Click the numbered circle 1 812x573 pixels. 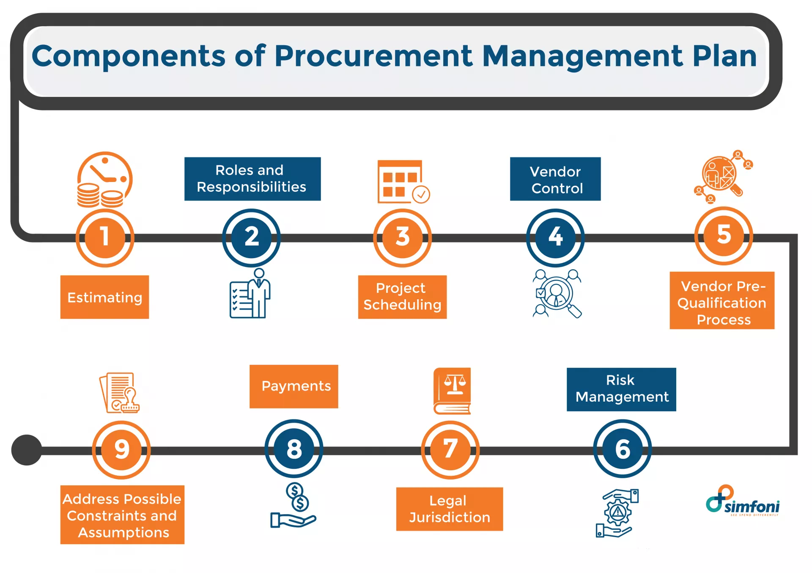coord(105,237)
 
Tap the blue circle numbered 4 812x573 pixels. coord(555,237)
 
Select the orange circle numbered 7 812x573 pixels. coord(450,449)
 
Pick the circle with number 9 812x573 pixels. coord(122,449)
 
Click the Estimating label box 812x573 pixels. coord(104,297)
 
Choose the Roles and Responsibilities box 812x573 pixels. coord(252,179)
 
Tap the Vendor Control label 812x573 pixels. coord(555,179)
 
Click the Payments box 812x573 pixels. coord(294,386)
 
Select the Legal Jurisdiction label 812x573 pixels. coord(450,509)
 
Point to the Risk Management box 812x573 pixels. coord(621,389)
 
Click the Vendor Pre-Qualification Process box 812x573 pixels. coord(722,301)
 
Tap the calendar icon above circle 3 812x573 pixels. coord(402,182)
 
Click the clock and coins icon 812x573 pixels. coord(104,180)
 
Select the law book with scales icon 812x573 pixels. coord(452,391)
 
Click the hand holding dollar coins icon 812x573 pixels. coord(294,506)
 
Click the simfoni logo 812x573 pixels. coord(743,501)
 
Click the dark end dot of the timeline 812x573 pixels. coord(27,450)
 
